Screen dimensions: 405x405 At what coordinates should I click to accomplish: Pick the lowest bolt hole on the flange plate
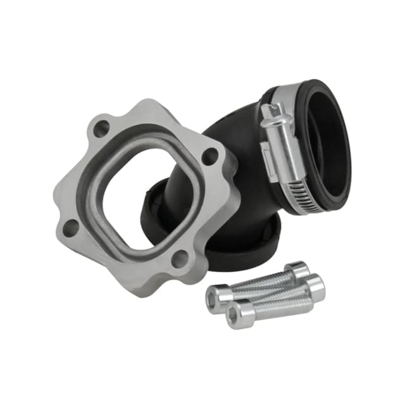180,258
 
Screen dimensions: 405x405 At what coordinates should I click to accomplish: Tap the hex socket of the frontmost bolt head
236,314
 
